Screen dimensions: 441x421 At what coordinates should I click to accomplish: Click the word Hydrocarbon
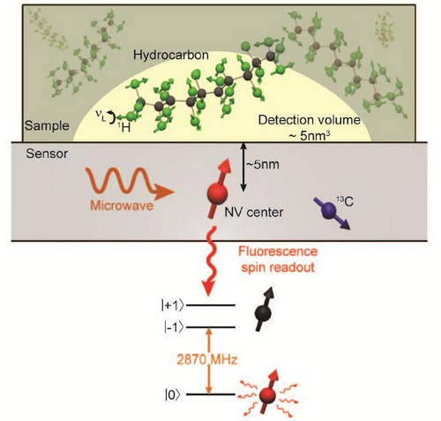(171, 56)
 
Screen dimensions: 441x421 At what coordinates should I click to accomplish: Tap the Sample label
(47, 126)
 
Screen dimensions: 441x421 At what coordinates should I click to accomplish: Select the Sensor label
(47, 154)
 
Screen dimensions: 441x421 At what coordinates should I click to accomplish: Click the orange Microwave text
(122, 206)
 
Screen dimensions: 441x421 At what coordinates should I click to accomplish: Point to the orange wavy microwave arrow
(130, 183)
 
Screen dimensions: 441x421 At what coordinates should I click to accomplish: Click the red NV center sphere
(217, 193)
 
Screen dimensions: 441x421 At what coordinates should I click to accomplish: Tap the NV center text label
(254, 212)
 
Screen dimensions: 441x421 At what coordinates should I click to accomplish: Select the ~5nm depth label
(263, 164)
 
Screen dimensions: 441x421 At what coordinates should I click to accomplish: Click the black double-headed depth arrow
(243, 167)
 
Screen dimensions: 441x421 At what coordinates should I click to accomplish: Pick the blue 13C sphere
(329, 210)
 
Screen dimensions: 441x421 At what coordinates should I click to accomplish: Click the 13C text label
(345, 201)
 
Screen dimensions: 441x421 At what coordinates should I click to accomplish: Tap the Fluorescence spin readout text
(278, 259)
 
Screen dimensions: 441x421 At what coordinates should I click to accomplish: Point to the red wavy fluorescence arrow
(211, 260)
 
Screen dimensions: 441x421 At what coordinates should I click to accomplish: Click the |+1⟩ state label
(172, 306)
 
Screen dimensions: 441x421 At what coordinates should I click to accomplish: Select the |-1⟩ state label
(175, 327)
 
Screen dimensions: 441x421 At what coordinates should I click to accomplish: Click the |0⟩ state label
(172, 395)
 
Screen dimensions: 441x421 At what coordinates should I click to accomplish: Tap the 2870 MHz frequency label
(207, 359)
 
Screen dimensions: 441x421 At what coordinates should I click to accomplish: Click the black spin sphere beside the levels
(263, 313)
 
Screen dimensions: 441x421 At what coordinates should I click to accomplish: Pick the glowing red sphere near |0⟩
(268, 396)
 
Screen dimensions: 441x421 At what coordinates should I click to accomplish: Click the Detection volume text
(310, 120)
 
